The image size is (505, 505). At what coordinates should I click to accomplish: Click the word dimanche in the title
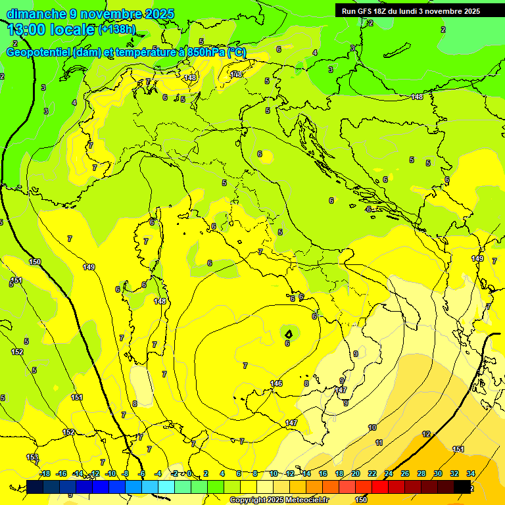(x=36, y=14)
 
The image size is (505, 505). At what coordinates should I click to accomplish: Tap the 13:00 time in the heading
(x=26, y=30)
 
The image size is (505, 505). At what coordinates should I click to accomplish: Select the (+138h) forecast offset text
(x=116, y=30)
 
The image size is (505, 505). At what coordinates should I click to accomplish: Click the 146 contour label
(x=276, y=383)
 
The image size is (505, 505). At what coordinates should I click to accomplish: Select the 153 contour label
(x=32, y=457)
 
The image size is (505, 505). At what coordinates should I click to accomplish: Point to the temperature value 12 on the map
(x=426, y=434)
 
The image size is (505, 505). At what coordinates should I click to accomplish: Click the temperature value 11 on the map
(x=379, y=443)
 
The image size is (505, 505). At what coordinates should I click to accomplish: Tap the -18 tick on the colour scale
(x=45, y=473)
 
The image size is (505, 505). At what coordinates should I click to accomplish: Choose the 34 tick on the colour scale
(x=471, y=473)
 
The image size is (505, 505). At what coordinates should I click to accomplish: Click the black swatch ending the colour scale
(x=462, y=486)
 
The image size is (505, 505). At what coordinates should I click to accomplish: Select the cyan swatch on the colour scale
(x=166, y=486)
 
